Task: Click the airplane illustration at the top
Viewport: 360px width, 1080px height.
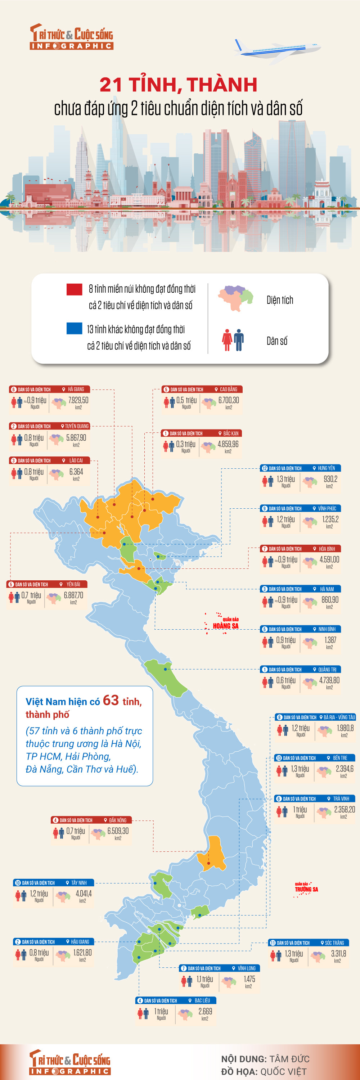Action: click(x=276, y=50)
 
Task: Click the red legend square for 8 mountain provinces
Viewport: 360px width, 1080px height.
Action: click(x=74, y=289)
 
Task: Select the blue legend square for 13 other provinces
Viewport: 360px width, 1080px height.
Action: click(x=74, y=328)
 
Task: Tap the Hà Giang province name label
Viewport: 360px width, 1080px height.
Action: click(x=76, y=389)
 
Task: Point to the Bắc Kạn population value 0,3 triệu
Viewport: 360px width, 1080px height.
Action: click(x=186, y=444)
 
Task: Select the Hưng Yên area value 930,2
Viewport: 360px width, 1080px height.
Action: click(x=330, y=479)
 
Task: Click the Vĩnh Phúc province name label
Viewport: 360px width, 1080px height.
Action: click(x=327, y=509)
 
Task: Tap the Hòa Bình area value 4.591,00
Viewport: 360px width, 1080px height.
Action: click(x=329, y=560)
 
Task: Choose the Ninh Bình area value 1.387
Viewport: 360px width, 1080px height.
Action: click(x=330, y=640)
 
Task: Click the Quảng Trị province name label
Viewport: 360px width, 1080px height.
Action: click(x=327, y=670)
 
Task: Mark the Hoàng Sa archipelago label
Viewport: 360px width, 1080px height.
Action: click(x=225, y=626)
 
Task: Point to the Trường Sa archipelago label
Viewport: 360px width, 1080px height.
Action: click(x=306, y=889)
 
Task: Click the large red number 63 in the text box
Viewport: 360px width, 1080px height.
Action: click(x=111, y=701)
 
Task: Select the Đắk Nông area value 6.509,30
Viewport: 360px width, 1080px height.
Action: click(x=118, y=831)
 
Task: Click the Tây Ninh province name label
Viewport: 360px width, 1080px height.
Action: click(x=79, y=882)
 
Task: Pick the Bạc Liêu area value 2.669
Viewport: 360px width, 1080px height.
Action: click(x=205, y=1011)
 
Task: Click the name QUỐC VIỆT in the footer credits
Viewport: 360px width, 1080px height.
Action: click(x=283, y=1072)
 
